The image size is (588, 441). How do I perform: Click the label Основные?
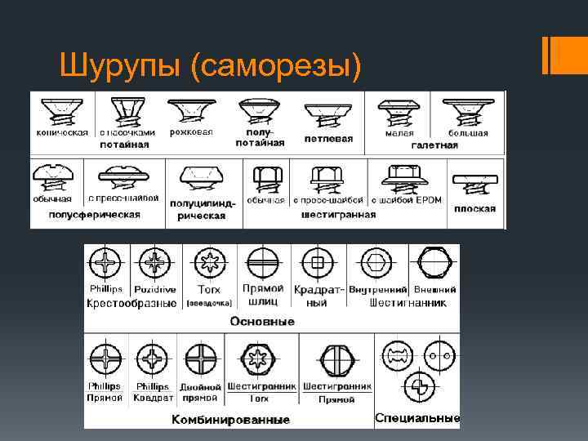(262, 321)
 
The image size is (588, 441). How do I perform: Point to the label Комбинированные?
(230, 420)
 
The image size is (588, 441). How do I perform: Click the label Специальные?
(417, 418)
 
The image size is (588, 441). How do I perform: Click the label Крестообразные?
(131, 303)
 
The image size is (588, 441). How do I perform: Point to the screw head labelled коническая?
(62, 112)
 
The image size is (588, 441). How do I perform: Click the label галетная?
(441, 145)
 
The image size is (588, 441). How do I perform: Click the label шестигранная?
(339, 215)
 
